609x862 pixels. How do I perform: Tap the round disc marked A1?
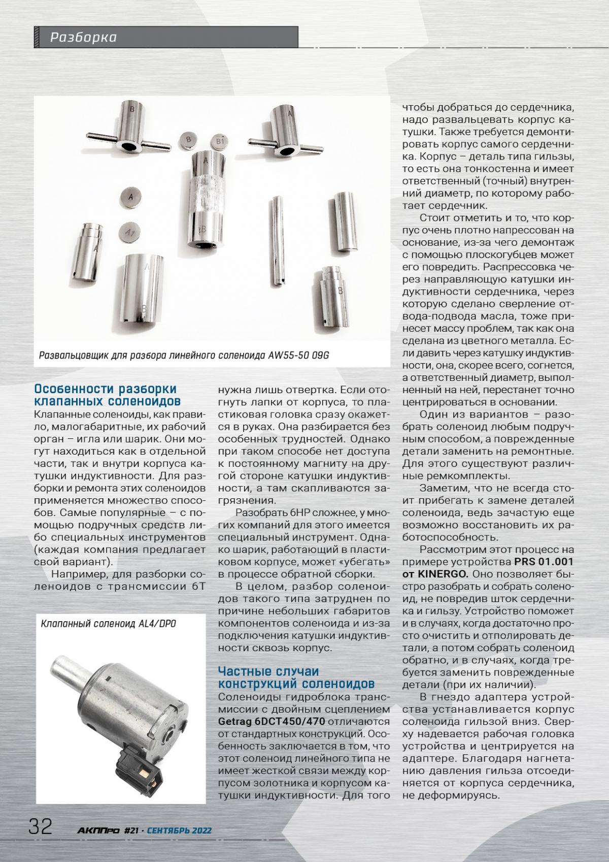130,232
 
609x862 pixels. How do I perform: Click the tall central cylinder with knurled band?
206,201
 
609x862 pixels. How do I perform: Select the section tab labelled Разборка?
84,37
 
